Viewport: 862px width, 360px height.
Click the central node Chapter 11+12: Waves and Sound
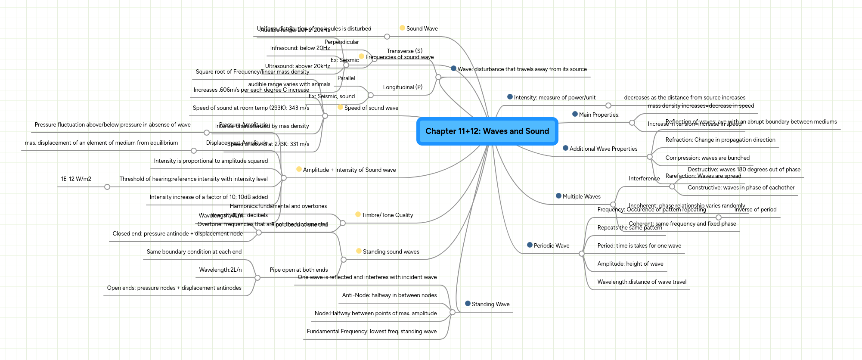pos(487,131)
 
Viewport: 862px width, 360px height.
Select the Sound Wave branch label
pos(422,29)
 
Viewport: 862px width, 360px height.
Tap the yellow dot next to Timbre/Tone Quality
pos(358,214)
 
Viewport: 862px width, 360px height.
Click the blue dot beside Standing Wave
pos(468,304)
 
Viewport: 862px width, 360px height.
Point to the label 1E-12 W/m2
pos(76,179)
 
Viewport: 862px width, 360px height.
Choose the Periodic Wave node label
pos(551,246)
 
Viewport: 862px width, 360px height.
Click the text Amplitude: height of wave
pos(630,264)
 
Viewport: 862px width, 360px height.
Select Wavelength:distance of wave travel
pos(642,282)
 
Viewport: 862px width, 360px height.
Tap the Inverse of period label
pos(755,210)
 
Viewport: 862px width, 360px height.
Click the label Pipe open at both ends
pos(298,270)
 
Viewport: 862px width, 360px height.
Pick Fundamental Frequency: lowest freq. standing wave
pos(372,332)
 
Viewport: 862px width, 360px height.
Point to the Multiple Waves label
pos(581,197)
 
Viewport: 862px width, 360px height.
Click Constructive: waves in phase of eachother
pos(741,188)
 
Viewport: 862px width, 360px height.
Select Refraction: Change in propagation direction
pos(720,140)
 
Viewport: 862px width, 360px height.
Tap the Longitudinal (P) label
pos(403,87)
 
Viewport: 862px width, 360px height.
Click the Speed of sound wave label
pos(371,108)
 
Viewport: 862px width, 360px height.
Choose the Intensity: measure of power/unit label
pos(555,98)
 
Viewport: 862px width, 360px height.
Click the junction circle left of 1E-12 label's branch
pos(107,187)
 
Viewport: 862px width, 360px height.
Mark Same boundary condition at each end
pos(194,252)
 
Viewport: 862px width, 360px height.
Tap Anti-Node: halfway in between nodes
pos(389,295)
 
